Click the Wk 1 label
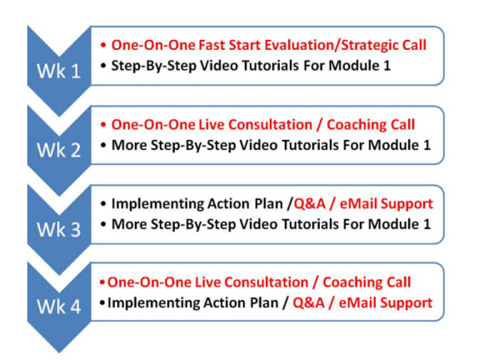[x=59, y=71]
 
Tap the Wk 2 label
[x=59, y=150]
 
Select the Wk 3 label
[x=59, y=229]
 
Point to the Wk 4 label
[x=59, y=306]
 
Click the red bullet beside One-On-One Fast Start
[x=103, y=46]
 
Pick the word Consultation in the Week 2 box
[x=270, y=125]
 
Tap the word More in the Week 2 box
[x=129, y=145]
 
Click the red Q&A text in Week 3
[x=309, y=204]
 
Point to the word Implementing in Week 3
[x=158, y=204]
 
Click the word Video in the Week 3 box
[x=258, y=224]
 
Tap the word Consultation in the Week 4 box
[x=267, y=282]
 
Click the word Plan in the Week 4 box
[x=264, y=302]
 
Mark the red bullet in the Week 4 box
[x=102, y=282]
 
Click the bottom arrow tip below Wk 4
[x=59, y=352]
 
